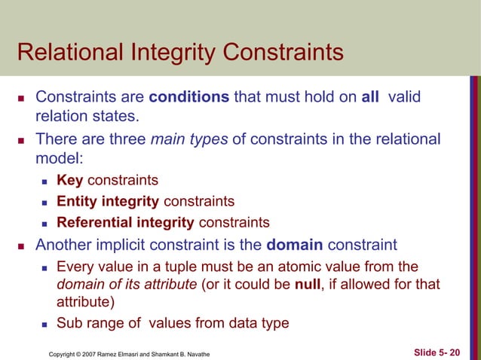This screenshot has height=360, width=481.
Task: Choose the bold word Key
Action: [70, 181]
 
